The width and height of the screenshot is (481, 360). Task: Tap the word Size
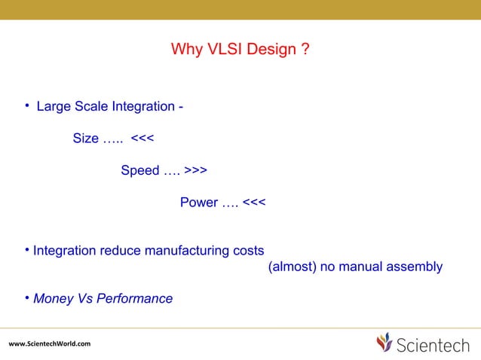tap(85, 139)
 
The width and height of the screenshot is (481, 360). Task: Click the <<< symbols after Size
tap(143, 139)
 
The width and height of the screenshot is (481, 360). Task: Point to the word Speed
tap(139, 171)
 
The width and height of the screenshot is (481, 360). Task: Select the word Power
tap(199, 203)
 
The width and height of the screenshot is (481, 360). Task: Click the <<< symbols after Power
tap(254, 203)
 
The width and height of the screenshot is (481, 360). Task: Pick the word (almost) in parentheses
tap(291, 267)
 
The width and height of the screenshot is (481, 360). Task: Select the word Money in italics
tap(54, 299)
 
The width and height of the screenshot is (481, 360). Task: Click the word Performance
tap(135, 299)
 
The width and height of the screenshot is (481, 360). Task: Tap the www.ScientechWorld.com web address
tap(50, 344)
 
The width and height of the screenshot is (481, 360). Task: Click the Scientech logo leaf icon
tap(384, 343)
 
